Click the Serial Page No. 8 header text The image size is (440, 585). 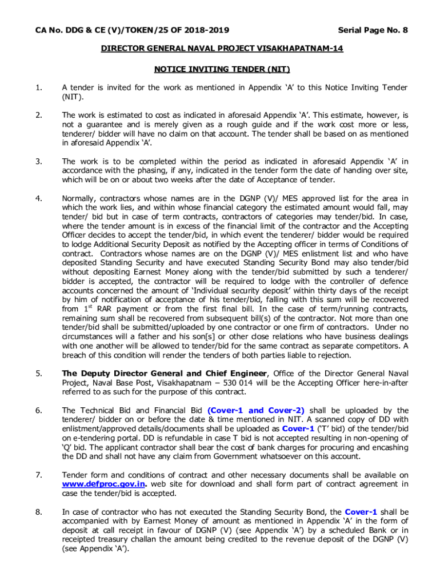coord(373,30)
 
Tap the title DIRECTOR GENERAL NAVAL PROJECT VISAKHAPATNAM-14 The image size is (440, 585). coord(222,49)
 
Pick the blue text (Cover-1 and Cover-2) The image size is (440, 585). coord(256,410)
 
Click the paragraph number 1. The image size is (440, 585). coord(38,87)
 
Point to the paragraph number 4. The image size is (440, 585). coord(38,199)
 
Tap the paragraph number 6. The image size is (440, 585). coord(38,410)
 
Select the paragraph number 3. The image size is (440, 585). coord(38,162)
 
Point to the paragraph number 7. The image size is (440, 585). coord(38,475)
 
